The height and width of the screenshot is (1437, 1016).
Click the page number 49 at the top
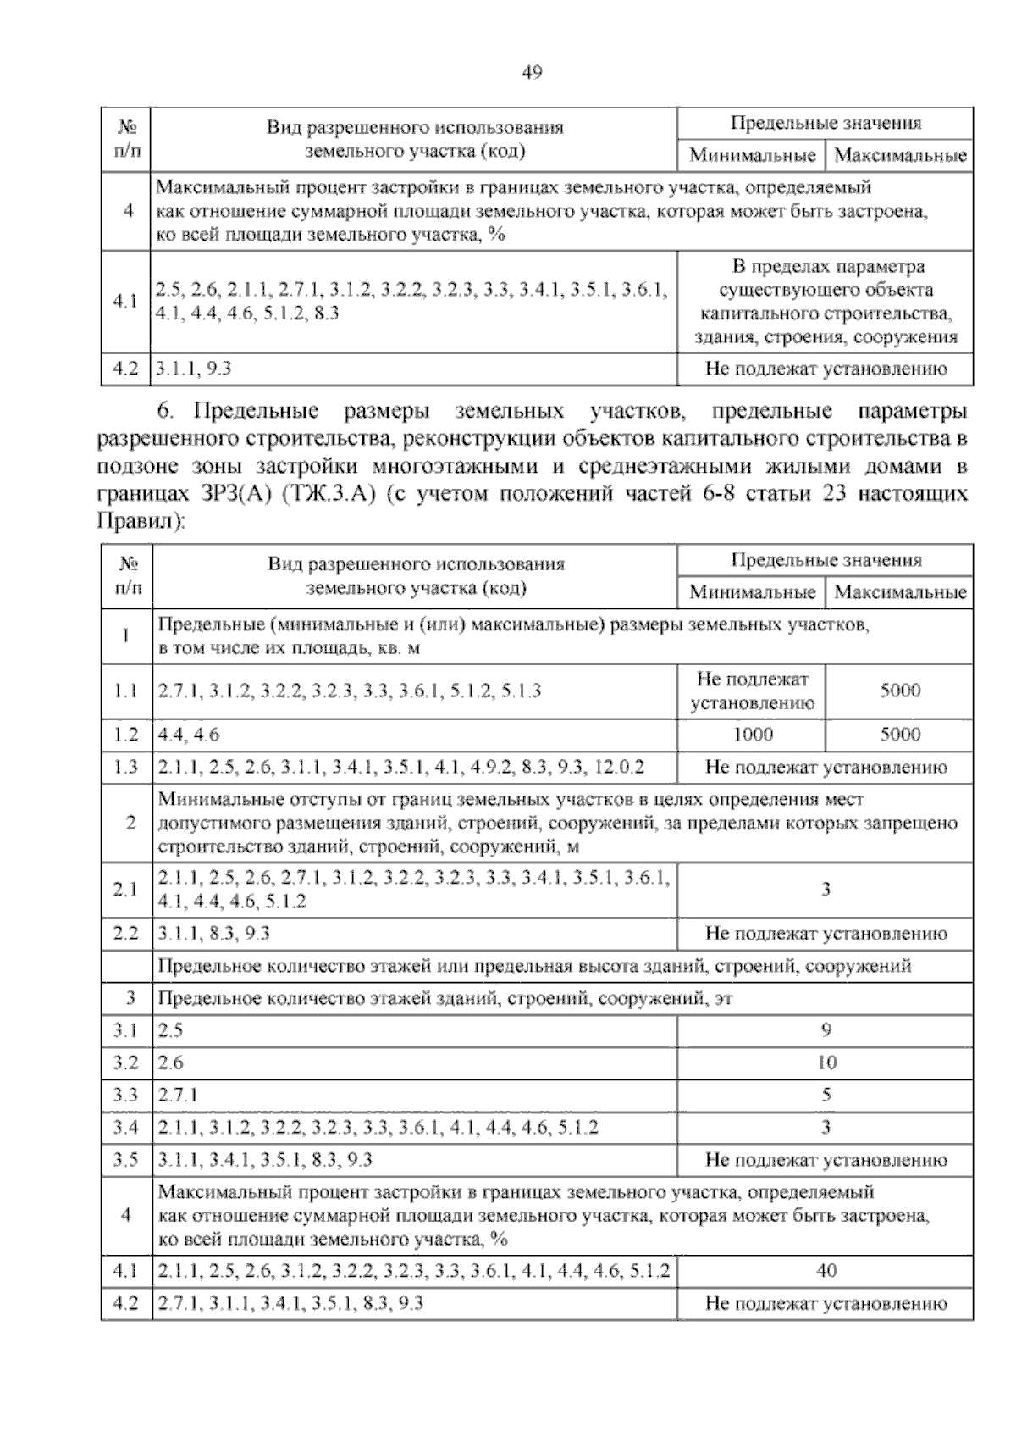point(531,73)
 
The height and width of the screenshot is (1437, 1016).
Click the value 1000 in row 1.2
point(752,735)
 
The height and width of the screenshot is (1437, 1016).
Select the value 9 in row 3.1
point(825,1030)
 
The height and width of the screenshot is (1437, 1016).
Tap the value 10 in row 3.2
point(825,1062)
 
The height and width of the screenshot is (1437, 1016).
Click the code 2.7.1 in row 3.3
point(178,1095)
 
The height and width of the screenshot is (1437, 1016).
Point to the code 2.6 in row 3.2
point(171,1062)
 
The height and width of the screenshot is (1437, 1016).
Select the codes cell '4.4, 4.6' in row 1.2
point(189,735)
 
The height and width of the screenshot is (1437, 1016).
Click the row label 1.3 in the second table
point(126,768)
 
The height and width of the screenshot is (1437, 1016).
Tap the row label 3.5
point(126,1160)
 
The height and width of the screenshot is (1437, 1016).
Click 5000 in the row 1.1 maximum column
point(899,691)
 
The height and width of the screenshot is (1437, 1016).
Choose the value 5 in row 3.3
point(825,1095)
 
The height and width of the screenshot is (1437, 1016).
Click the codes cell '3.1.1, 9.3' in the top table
point(194,369)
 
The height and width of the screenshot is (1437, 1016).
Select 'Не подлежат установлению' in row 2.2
point(825,934)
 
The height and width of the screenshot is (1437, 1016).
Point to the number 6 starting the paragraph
point(164,413)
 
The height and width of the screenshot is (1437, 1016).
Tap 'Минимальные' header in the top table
point(752,156)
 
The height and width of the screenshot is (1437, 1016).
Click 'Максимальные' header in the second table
point(899,592)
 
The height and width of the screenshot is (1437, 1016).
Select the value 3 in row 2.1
point(825,890)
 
